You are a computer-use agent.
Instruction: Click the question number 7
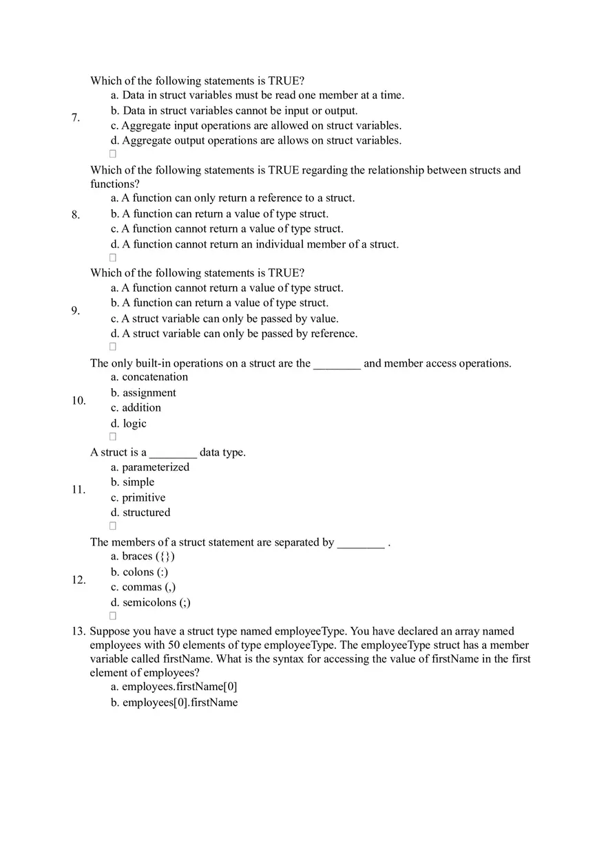point(75,118)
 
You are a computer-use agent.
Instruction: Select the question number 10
point(78,400)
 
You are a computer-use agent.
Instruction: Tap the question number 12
point(78,580)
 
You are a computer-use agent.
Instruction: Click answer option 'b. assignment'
point(143,393)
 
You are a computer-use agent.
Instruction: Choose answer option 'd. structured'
point(140,513)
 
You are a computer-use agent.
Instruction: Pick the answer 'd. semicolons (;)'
point(151,603)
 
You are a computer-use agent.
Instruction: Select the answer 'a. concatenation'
point(149,377)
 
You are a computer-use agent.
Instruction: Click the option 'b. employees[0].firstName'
point(174,703)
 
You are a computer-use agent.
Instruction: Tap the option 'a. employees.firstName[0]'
point(174,687)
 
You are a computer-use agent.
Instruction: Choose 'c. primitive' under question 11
point(138,497)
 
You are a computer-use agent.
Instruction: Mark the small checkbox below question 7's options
point(113,153)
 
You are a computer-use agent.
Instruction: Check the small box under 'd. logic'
point(113,436)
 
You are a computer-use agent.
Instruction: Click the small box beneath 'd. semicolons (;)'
point(113,615)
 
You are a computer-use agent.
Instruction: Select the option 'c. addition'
point(136,408)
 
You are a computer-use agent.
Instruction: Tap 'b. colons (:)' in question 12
point(139,572)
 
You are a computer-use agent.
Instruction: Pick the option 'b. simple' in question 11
point(132,482)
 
